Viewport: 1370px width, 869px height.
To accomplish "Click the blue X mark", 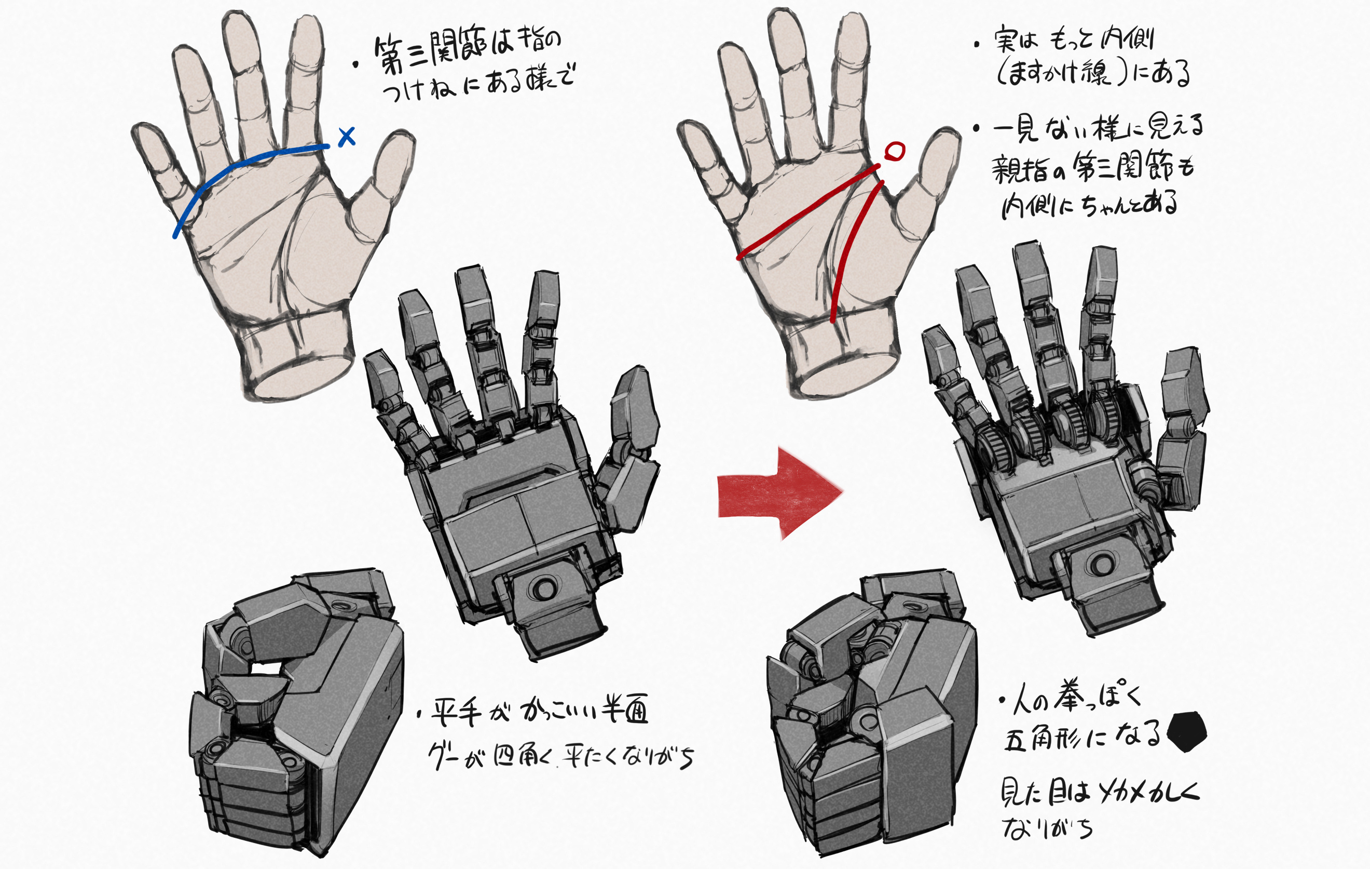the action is point(347,137).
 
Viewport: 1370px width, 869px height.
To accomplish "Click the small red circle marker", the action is point(895,151).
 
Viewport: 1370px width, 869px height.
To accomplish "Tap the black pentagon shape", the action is point(1186,732).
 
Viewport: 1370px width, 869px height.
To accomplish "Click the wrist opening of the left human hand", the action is point(302,379).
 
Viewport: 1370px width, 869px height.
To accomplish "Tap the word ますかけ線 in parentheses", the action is point(1058,74).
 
